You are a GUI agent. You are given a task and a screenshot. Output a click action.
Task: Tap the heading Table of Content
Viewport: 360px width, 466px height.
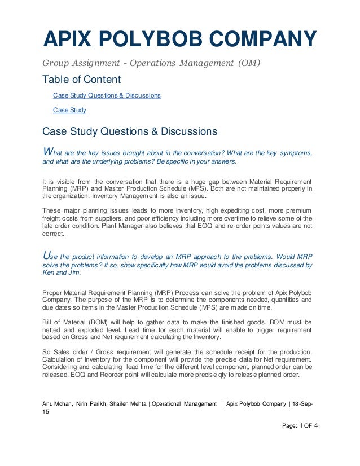point(82,80)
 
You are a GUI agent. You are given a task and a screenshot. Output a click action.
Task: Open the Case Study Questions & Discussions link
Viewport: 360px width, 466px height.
point(107,95)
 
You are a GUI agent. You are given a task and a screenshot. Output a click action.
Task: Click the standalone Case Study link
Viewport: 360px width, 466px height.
point(69,110)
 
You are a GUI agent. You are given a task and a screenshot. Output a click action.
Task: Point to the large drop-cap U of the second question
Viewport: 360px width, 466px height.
point(47,254)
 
